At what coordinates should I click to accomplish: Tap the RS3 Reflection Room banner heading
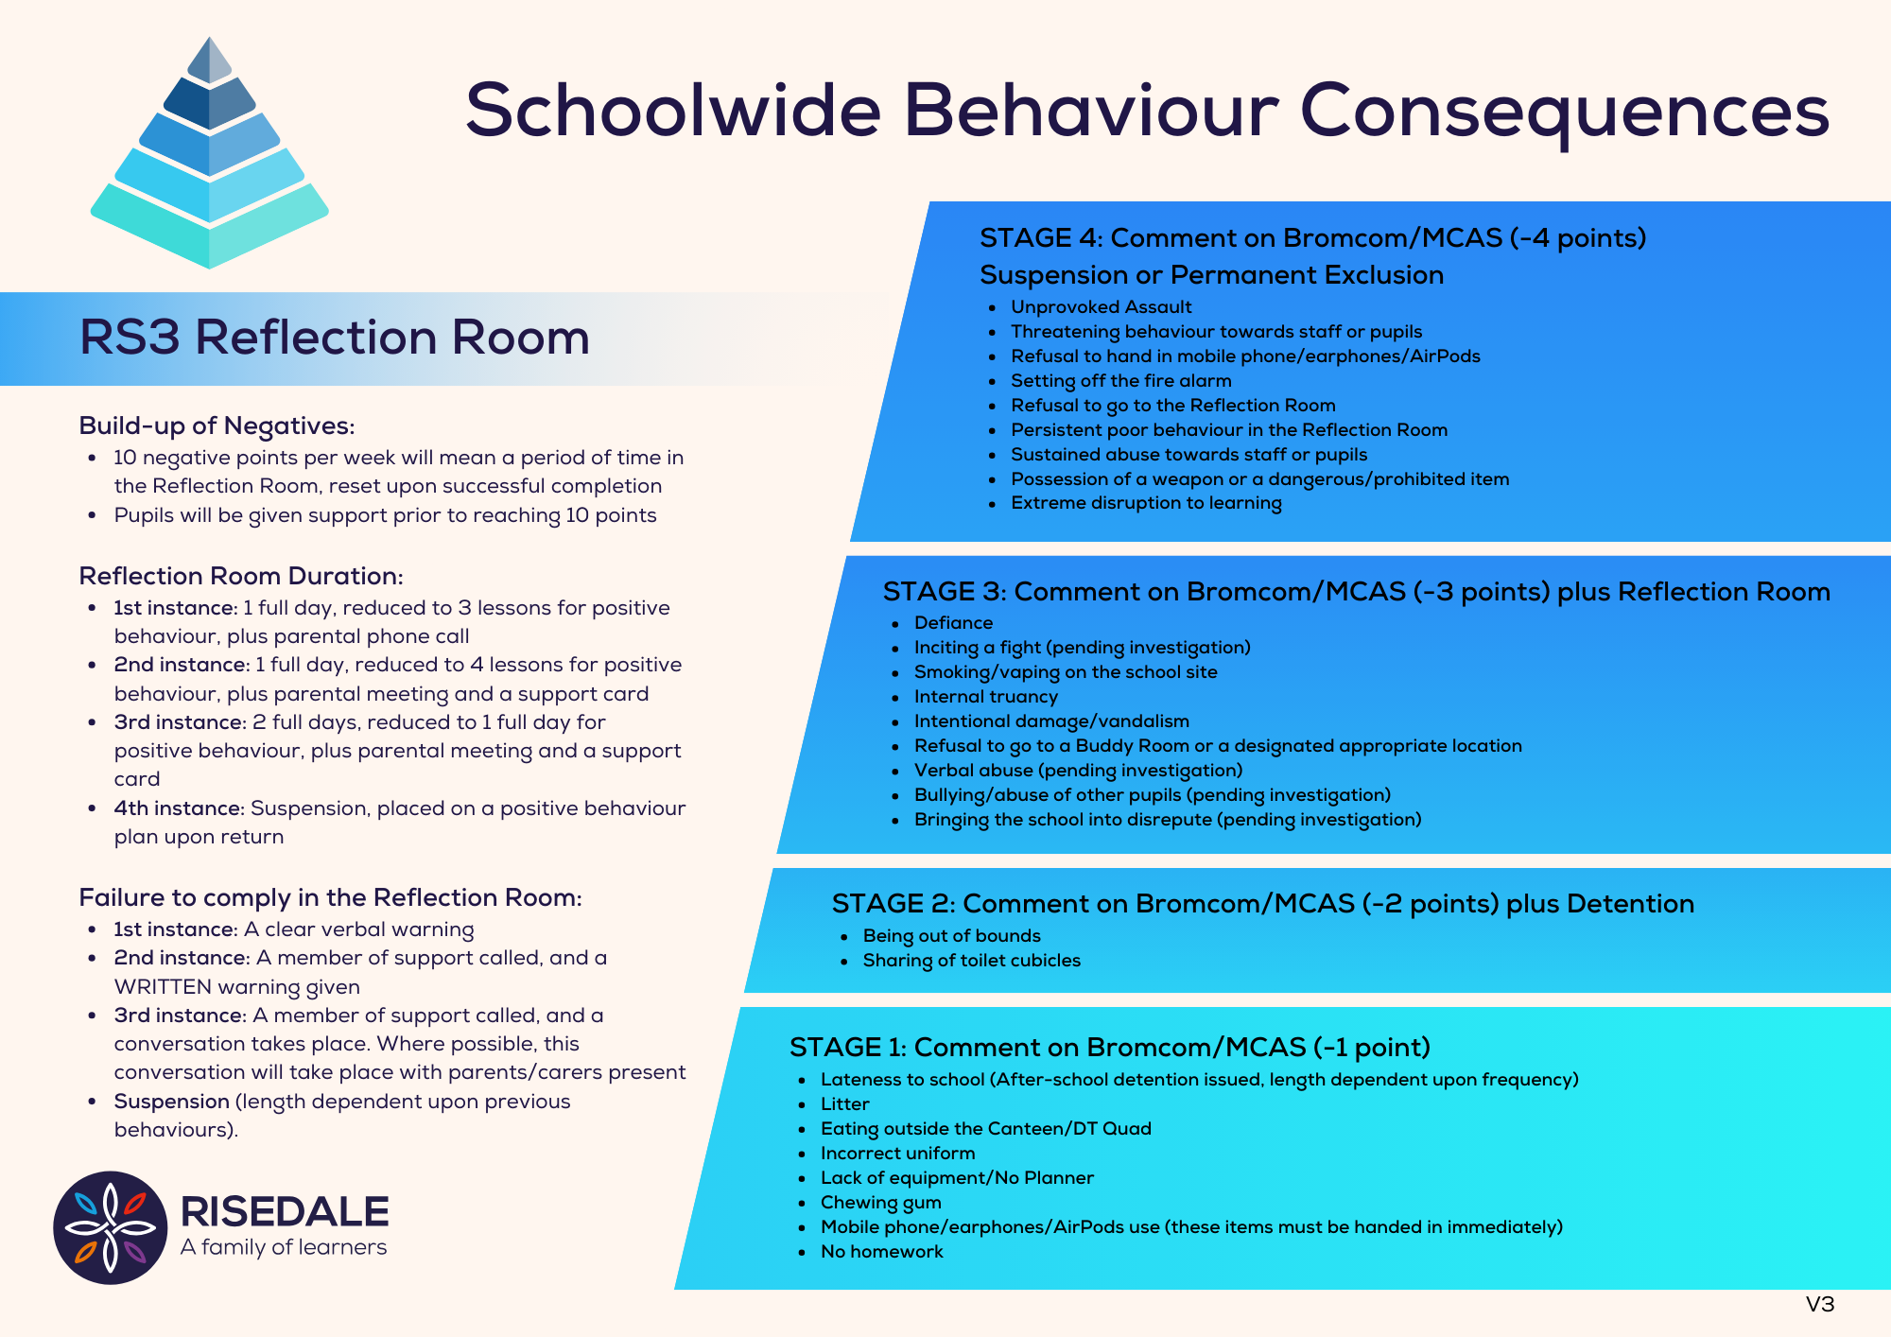tap(334, 338)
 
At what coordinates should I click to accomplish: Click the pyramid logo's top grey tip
tap(210, 59)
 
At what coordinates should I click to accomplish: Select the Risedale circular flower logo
tap(110, 1227)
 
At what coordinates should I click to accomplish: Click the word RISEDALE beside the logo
tap(284, 1211)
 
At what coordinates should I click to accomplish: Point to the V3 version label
tap(1819, 1305)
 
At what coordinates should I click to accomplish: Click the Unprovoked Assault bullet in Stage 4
tap(1101, 307)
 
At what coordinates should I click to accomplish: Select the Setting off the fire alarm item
tap(1120, 381)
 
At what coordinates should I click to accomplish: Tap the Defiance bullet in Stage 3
tap(953, 623)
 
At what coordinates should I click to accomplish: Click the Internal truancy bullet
tap(985, 697)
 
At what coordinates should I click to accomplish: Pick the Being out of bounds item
tap(951, 936)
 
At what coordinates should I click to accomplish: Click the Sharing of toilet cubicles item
tap(971, 961)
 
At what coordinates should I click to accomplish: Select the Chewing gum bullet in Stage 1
tap(880, 1203)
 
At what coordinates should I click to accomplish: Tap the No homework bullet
tap(881, 1252)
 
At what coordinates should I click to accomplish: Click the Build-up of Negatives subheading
tap(217, 425)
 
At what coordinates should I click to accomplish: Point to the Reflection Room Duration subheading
tap(241, 576)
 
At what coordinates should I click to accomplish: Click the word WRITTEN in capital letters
tap(163, 987)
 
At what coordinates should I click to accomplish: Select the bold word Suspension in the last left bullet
tap(171, 1102)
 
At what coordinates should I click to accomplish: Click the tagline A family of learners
tap(284, 1247)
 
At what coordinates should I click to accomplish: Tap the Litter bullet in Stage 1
tap(844, 1104)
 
